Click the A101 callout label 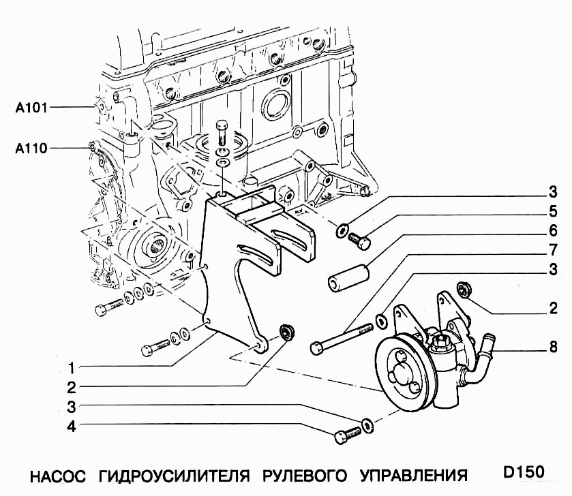tap(31, 107)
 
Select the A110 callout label tap(31, 147)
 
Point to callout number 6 tap(553, 230)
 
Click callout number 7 tap(553, 249)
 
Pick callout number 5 tap(553, 211)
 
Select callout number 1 tap(70, 369)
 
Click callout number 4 tap(70, 428)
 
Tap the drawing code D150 tap(524, 472)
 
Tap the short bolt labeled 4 tap(347, 433)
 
